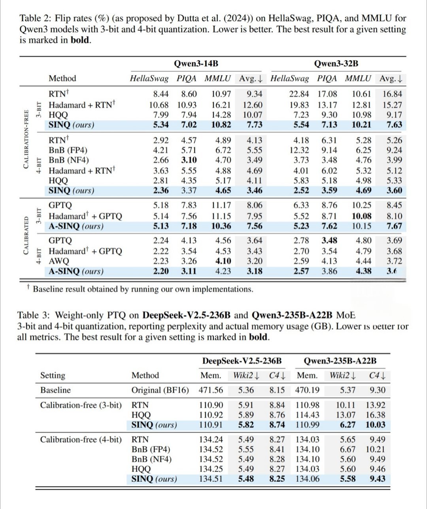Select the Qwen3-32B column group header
[x=336, y=63]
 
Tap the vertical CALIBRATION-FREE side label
[x=26, y=139]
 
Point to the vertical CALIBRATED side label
[x=26, y=235]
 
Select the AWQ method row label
[x=59, y=261]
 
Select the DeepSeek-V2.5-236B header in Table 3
[x=242, y=361]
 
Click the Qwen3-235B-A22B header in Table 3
[x=340, y=361]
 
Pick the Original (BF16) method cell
[x=160, y=390]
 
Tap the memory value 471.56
[x=211, y=390]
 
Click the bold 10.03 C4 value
[x=375, y=425]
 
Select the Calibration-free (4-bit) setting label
[x=81, y=440]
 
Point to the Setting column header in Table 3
[x=53, y=376]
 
